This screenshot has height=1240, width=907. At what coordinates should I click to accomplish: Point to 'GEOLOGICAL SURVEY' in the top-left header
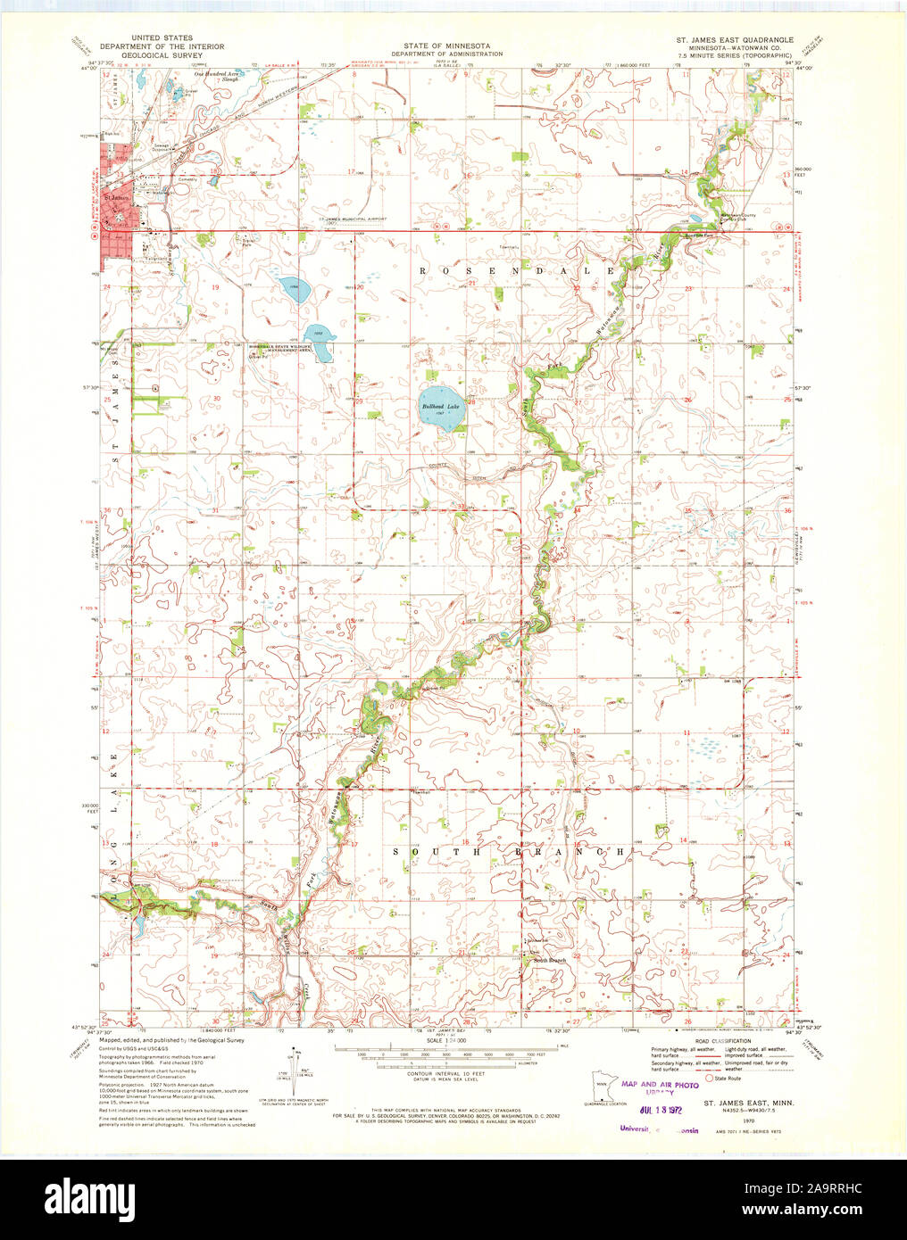point(162,54)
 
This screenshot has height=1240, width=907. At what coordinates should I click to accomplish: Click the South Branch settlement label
point(549,960)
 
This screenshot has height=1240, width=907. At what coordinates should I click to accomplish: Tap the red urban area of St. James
point(114,203)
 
